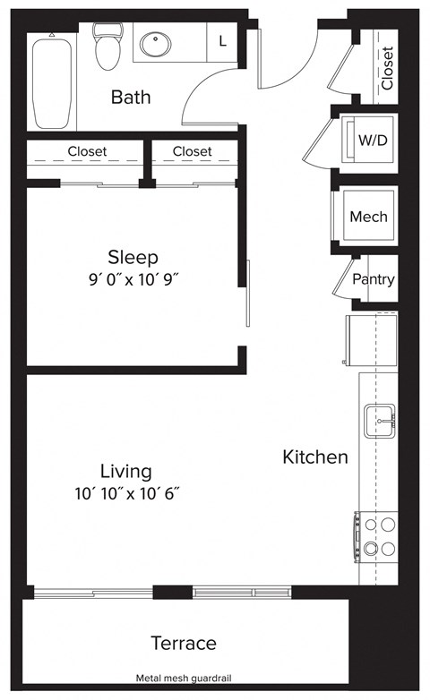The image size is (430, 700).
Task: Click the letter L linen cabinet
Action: (x=222, y=40)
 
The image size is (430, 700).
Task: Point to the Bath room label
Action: (x=131, y=97)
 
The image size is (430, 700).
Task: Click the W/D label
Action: (x=373, y=140)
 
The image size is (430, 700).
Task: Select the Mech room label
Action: (x=368, y=217)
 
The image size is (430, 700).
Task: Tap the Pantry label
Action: (x=373, y=279)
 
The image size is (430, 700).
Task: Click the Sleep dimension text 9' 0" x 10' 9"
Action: (x=133, y=278)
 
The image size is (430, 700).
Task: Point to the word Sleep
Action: (x=133, y=256)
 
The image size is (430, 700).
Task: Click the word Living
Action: (x=125, y=471)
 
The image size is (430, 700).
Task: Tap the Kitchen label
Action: (x=315, y=457)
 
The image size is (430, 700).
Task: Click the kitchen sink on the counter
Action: (x=379, y=416)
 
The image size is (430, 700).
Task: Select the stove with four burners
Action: (x=377, y=536)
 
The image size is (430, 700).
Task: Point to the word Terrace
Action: (x=183, y=643)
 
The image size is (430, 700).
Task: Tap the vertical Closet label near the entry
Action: (x=387, y=68)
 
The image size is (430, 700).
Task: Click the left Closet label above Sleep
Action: (x=87, y=151)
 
